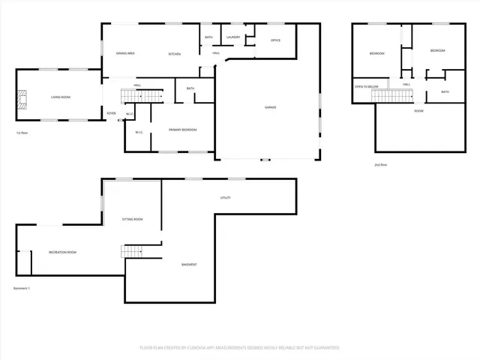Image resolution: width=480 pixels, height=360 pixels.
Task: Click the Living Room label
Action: tap(61, 97)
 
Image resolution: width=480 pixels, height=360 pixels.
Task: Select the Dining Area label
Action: tap(125, 54)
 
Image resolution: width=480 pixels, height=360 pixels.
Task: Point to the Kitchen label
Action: tap(174, 54)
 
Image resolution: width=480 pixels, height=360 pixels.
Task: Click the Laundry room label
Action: tap(232, 37)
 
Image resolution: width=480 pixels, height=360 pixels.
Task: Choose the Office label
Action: tap(275, 40)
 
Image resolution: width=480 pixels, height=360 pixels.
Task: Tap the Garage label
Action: tap(270, 107)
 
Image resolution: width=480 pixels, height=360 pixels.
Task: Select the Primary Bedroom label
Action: tap(182, 130)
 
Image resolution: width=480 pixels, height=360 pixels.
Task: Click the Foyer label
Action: tap(111, 113)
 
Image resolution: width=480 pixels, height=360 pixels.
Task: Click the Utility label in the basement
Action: tap(225, 198)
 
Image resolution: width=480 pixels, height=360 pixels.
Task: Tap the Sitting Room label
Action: tap(133, 219)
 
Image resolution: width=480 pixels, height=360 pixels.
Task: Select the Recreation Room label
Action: tap(62, 252)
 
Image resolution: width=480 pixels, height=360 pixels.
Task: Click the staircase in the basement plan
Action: tap(133, 251)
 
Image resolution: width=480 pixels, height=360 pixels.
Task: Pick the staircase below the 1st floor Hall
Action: tap(152, 97)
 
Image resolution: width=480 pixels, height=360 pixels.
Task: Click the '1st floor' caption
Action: tap(22, 133)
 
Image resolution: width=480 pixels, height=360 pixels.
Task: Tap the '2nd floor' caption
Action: tap(381, 164)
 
